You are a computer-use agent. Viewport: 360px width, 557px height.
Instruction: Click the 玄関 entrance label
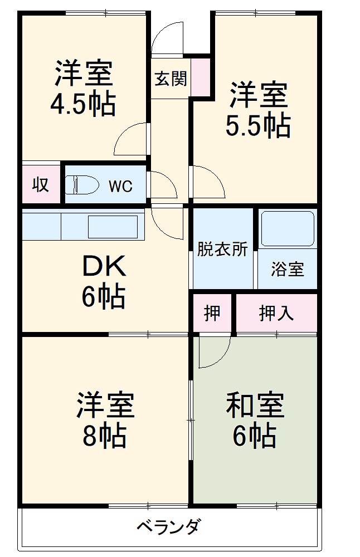(170, 79)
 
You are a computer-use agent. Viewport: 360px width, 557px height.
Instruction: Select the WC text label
(120, 186)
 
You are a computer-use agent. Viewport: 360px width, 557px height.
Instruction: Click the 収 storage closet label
(40, 184)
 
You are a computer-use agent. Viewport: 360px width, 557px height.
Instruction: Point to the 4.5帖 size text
(84, 104)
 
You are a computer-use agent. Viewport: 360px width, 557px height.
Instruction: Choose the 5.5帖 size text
(258, 125)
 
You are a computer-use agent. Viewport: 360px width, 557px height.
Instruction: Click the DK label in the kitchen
(104, 268)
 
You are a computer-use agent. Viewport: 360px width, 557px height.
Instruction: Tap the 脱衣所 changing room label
(222, 249)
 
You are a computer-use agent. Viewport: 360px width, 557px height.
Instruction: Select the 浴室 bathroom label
(287, 269)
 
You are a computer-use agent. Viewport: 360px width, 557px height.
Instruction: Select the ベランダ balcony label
(168, 526)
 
